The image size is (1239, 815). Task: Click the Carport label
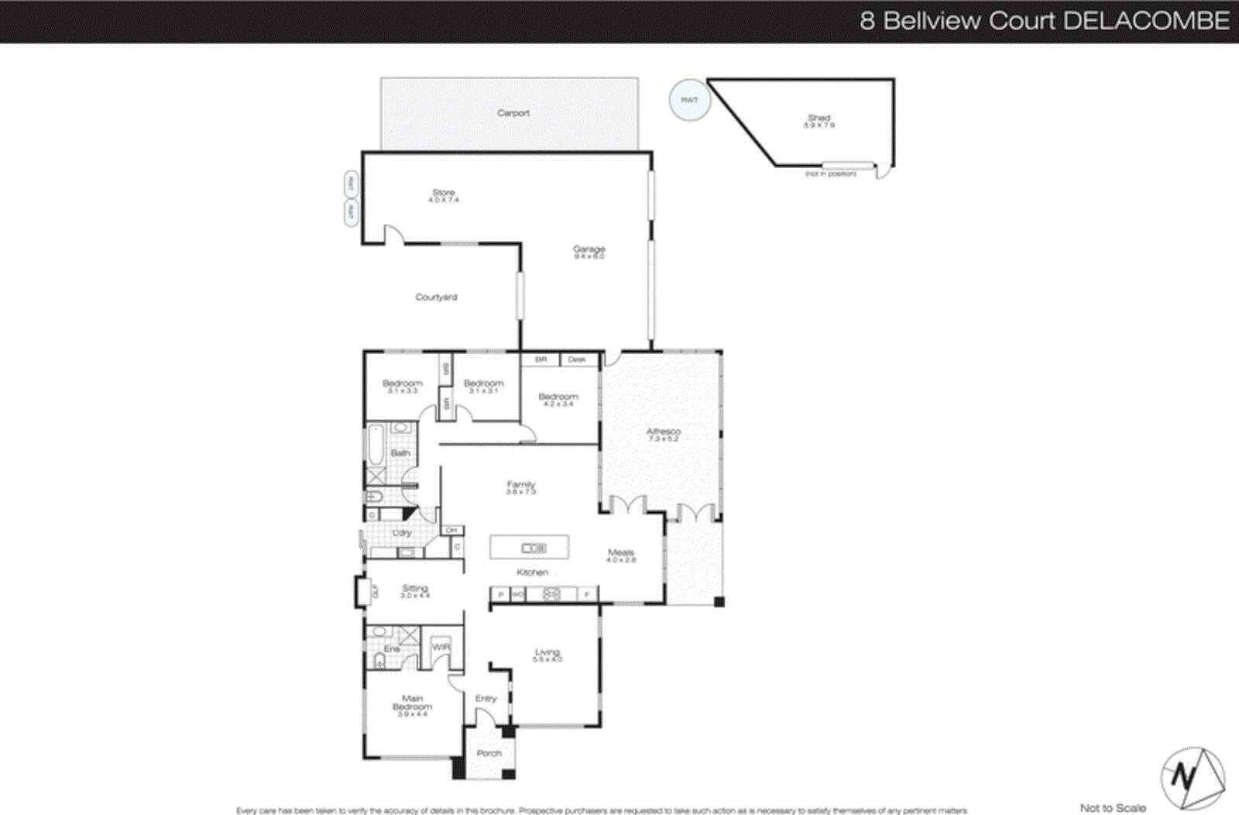coord(513,113)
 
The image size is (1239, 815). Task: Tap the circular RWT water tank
coord(689,100)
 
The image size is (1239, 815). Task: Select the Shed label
coord(819,119)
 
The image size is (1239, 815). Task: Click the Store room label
coord(444,193)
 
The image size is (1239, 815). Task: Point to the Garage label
coord(589,249)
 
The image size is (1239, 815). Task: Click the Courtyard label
coord(436,297)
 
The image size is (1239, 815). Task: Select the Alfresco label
coord(663,432)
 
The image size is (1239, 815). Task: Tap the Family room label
coord(521,485)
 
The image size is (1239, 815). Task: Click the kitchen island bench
coord(530,548)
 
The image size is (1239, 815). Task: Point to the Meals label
coord(620,553)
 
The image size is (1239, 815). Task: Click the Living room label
coord(547,652)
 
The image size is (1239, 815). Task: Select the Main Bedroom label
coord(412,703)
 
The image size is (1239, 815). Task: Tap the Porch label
coord(489,753)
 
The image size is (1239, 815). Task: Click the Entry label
coord(486,699)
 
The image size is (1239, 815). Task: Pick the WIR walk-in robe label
coord(441,647)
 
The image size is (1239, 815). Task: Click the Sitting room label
coord(414,589)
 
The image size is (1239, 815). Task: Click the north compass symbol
coord(1192,778)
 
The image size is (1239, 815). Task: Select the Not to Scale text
coord(1113,808)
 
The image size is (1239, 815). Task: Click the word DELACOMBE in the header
coord(1146,20)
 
